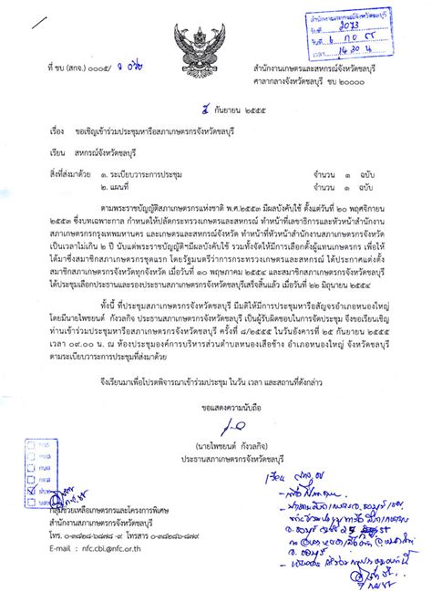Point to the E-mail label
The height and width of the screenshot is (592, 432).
click(x=67, y=550)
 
